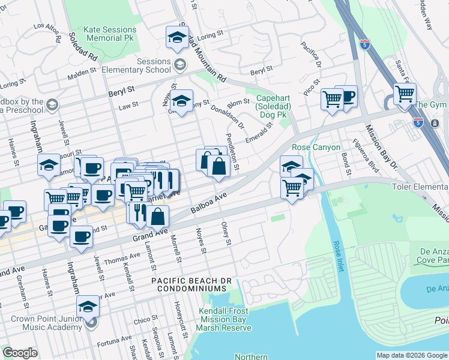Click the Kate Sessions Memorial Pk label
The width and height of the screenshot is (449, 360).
[x=103, y=33]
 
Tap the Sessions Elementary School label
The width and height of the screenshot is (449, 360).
[x=145, y=65]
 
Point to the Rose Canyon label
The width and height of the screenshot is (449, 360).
[x=316, y=147]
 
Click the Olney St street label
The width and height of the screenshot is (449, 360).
[x=226, y=234]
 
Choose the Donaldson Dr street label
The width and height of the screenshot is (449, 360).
[x=228, y=117]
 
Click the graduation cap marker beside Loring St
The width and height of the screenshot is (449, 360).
[x=177, y=37]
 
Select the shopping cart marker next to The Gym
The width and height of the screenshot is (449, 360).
[x=405, y=94]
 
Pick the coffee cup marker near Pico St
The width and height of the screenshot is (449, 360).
[x=346, y=96]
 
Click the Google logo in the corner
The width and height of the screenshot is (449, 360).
[x=20, y=353]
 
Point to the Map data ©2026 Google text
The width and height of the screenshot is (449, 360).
[x=411, y=355]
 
